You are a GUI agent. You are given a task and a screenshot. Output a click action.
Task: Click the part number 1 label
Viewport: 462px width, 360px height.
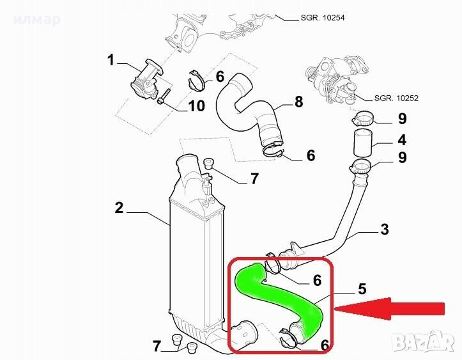(x=111, y=60)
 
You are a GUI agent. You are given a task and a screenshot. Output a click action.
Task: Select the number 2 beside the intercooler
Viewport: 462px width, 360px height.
(x=119, y=208)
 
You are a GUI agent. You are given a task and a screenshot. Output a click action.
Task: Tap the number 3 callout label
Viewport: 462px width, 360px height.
(x=385, y=230)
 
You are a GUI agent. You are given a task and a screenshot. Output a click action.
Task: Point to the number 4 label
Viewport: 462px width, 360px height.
(x=402, y=139)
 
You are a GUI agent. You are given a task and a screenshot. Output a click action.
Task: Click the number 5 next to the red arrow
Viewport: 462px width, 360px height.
(x=362, y=288)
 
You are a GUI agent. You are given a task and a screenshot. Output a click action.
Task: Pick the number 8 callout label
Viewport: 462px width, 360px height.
(x=298, y=102)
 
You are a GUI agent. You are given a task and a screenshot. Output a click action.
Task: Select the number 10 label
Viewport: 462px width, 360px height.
(x=196, y=105)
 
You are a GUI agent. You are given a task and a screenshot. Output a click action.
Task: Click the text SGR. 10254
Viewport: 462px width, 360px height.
(x=322, y=18)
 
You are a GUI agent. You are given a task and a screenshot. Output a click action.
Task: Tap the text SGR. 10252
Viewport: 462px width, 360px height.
(x=396, y=98)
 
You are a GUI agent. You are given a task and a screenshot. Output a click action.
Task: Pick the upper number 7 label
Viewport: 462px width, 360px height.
(x=254, y=178)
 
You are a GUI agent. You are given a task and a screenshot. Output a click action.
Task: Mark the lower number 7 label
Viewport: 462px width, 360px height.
(x=157, y=347)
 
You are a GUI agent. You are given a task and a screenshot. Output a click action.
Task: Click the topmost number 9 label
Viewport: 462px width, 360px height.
(x=402, y=118)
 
